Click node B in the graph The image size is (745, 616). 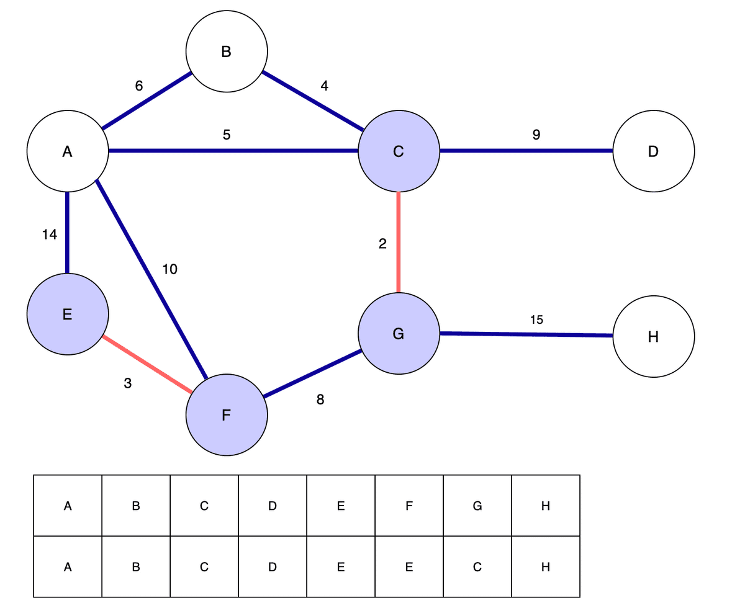click(227, 51)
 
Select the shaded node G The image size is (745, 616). click(399, 334)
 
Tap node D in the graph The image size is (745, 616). click(653, 151)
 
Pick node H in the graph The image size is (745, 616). click(653, 337)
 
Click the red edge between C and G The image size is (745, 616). click(399, 242)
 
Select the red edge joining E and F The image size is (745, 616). click(148, 365)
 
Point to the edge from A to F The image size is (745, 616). click(151, 279)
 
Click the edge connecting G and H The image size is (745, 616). click(526, 334)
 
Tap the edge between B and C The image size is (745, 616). click(313, 101)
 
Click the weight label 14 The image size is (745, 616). click(50, 234)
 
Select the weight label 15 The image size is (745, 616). click(536, 319)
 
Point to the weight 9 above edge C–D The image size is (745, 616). click(536, 135)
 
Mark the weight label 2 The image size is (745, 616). click(382, 244)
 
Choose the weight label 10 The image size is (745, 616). click(169, 269)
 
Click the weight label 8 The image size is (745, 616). click(320, 400)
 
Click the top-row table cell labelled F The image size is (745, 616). click(409, 506)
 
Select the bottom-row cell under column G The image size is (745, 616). click(477, 567)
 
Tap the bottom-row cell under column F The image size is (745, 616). click(409, 567)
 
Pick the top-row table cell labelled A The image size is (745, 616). click(68, 506)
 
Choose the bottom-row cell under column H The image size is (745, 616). click(546, 567)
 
